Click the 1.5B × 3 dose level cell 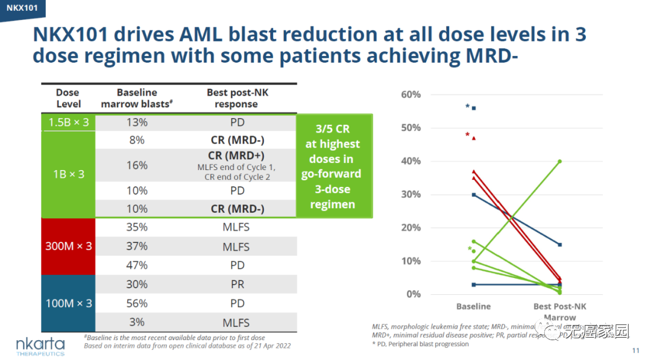coord(68,122)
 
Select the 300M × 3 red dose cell coord(68,246)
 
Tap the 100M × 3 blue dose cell coord(68,303)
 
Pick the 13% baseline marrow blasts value coord(137,122)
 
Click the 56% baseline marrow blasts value coord(137,303)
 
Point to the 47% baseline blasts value coord(137,265)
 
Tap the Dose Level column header coord(68,98)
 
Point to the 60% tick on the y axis coord(410,95)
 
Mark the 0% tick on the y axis coord(413,294)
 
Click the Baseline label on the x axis coord(473,306)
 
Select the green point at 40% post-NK coord(560,162)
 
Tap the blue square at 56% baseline coord(474,108)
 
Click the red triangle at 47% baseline coord(474,138)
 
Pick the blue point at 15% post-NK coord(560,244)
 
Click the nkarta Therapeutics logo coord(40,347)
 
